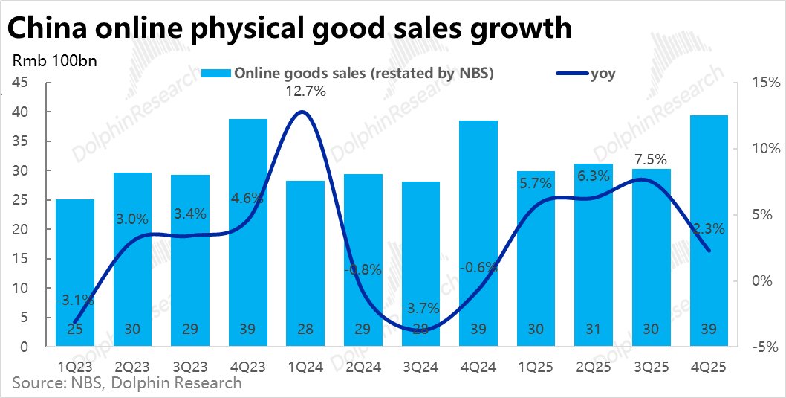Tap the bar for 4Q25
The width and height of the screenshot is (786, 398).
tap(708, 231)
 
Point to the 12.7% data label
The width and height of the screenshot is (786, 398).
tap(305, 92)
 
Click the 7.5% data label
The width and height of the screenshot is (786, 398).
tap(650, 159)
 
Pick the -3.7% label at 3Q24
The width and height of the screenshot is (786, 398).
tap(420, 308)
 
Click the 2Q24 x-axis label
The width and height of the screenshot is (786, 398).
tap(363, 366)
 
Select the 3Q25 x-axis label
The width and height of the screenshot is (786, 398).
tap(651, 366)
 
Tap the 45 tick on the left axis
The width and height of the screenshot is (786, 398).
tap(20, 83)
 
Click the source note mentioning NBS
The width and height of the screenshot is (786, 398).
tap(126, 383)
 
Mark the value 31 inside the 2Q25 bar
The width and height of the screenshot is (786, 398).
tap(593, 330)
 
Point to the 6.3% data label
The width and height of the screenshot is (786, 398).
tap(593, 176)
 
